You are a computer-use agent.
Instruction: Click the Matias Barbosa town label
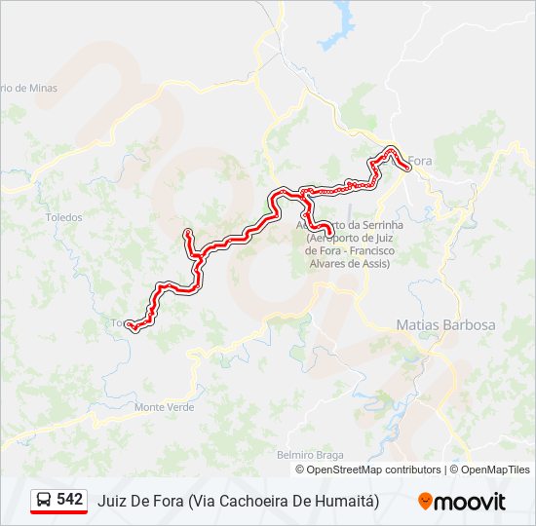coord(445,324)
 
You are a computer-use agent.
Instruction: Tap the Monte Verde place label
coord(164,407)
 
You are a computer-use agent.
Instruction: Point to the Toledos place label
coord(64,217)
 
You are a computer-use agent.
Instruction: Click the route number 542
coord(70,500)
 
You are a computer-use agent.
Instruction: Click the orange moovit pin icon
coord(425,502)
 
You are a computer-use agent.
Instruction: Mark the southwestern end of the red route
coord(131,327)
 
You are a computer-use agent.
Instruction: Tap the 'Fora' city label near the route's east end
coord(419,161)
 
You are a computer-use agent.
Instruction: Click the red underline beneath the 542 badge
coord(58,512)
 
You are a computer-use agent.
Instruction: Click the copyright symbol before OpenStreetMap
coord(300,470)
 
